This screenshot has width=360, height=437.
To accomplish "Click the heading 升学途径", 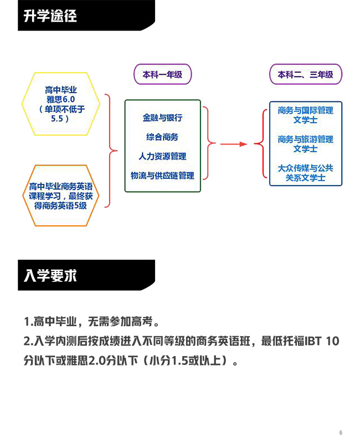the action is tap(50, 16).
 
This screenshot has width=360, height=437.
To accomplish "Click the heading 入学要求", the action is tap(50, 275).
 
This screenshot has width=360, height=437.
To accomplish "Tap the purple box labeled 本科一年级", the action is tap(162, 74).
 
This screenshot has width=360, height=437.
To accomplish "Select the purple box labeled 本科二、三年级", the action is tap(305, 74).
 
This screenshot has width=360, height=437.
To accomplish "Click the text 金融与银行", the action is tap(162, 117).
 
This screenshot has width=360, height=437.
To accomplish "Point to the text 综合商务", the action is tap(162, 137).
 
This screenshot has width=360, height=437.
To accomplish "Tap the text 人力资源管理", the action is tap(162, 156).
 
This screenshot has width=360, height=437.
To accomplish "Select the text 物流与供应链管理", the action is tap(162, 176).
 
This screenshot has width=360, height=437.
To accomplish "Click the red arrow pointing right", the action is tap(234, 144).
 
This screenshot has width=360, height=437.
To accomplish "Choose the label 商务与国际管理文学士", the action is tap(305, 115).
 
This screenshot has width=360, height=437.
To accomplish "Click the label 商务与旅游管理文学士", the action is tap(305, 144).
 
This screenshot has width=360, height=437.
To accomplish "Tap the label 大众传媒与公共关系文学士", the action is tap(305, 173).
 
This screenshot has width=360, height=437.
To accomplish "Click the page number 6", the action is tap(341, 432).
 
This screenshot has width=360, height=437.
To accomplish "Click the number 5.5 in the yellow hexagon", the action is tap(57, 119).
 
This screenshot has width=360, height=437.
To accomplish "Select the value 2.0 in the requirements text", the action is tap(97, 361).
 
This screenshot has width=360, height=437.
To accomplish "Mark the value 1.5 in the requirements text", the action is tap(179, 361).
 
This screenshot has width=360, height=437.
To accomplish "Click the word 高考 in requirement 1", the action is tap(142, 322).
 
